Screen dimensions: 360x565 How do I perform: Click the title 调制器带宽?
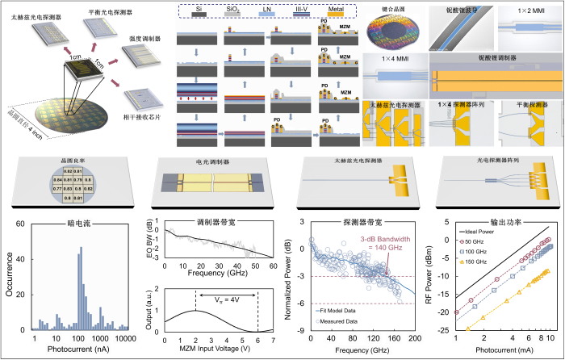point(211,221)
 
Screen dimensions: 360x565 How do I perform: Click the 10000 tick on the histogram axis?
point(128,337)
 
